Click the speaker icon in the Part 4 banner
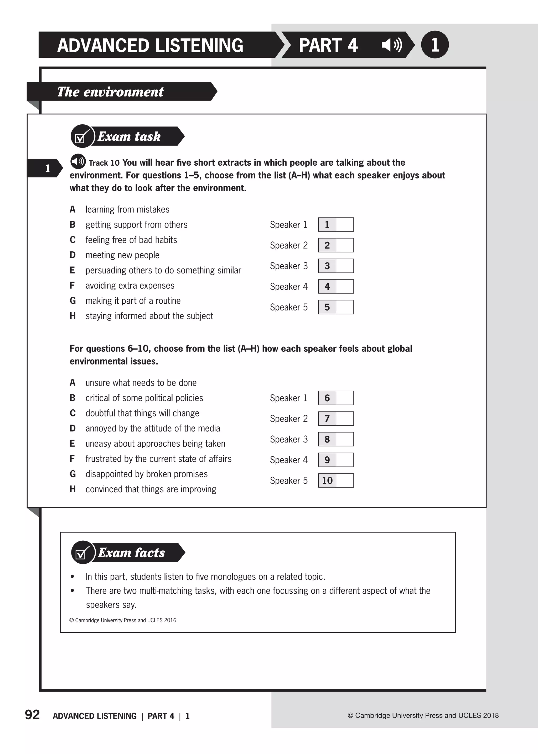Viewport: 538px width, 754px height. pyautogui.click(x=392, y=45)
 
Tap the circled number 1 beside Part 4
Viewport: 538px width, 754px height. pyautogui.click(x=435, y=45)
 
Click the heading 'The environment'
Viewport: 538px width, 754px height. pyautogui.click(x=110, y=92)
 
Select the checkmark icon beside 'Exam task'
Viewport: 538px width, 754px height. pyautogui.click(x=81, y=136)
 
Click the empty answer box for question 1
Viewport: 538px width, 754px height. pyautogui.click(x=345, y=224)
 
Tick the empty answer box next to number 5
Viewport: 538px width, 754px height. pyautogui.click(x=345, y=307)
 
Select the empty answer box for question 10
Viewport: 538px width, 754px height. pyautogui.click(x=345, y=481)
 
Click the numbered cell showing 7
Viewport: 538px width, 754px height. pyautogui.click(x=327, y=419)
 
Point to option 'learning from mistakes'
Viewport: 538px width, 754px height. pyautogui.click(x=127, y=209)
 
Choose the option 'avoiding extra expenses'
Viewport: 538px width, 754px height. pyautogui.click(x=130, y=286)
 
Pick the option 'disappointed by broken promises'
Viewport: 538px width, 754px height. pyautogui.click(x=146, y=474)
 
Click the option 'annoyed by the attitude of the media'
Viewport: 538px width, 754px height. pyautogui.click(x=152, y=428)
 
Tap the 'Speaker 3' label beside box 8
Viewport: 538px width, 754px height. pyautogui.click(x=288, y=439)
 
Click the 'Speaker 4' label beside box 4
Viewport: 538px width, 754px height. pyautogui.click(x=288, y=287)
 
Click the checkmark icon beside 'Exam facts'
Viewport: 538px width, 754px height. pyautogui.click(x=82, y=553)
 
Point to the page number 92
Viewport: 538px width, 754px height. pyautogui.click(x=33, y=715)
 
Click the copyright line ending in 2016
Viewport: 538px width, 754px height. pyautogui.click(x=123, y=620)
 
